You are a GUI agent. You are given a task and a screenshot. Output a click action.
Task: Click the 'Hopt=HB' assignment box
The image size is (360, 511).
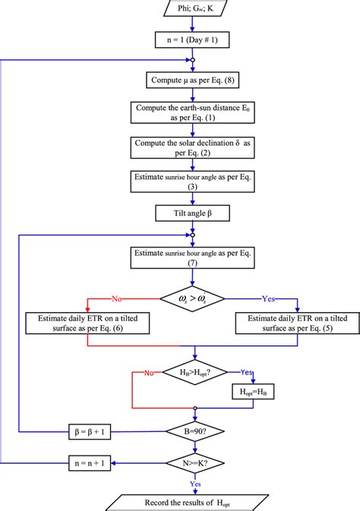point(253,392)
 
